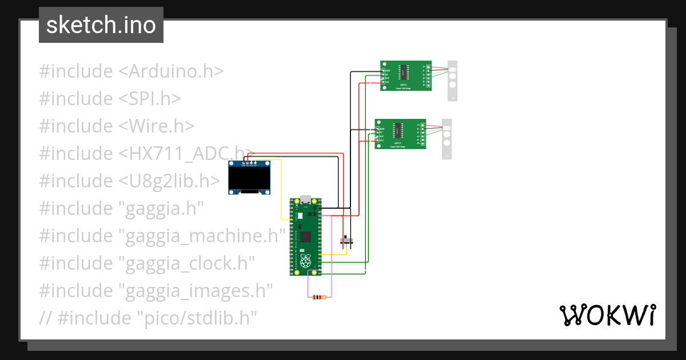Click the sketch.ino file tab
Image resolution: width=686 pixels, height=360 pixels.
coord(101,25)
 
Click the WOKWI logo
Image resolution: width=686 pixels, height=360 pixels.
coord(607,315)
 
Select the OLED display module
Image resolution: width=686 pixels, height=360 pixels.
coord(249,178)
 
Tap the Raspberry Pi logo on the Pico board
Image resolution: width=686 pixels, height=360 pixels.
coord(306,262)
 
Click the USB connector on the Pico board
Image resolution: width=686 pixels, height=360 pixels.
coord(306,200)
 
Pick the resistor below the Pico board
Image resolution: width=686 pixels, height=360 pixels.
coord(320,297)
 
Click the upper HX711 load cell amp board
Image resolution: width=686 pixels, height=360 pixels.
coord(406,75)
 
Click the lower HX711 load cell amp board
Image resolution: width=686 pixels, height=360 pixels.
coord(400,134)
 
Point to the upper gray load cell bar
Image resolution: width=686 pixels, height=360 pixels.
coord(453,80)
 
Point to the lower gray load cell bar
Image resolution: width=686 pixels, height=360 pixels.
coord(447,139)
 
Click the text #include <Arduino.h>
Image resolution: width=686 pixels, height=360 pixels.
coord(131,71)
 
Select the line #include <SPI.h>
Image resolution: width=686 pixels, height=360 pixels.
coord(110,99)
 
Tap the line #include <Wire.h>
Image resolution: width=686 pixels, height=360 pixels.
coord(117,126)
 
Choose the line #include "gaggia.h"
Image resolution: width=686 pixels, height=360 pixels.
coord(121,209)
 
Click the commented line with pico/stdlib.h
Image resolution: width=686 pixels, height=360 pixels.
coord(147,317)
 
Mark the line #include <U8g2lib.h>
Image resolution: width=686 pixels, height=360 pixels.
coord(129,181)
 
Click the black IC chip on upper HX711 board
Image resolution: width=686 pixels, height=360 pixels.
coord(404,71)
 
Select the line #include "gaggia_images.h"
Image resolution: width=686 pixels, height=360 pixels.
coord(155,291)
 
